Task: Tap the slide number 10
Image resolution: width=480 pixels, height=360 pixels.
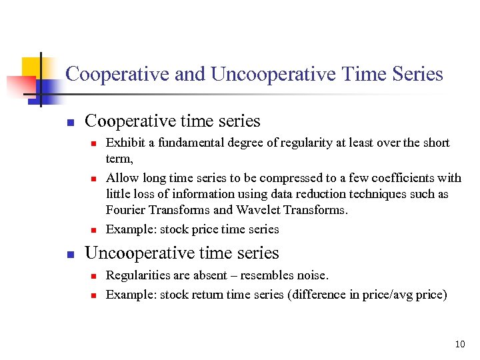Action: (x=460, y=345)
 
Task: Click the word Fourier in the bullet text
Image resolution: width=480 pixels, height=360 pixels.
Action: (x=126, y=210)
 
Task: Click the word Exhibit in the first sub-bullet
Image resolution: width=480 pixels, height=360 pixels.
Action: (x=123, y=143)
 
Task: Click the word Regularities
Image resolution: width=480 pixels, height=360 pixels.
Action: (x=137, y=275)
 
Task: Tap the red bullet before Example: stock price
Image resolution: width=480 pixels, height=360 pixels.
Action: (x=94, y=230)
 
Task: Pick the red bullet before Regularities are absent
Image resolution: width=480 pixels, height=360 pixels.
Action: (x=94, y=276)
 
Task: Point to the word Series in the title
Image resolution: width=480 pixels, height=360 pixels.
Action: (x=417, y=74)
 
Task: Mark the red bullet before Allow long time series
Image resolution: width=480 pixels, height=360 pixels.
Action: (x=94, y=179)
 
